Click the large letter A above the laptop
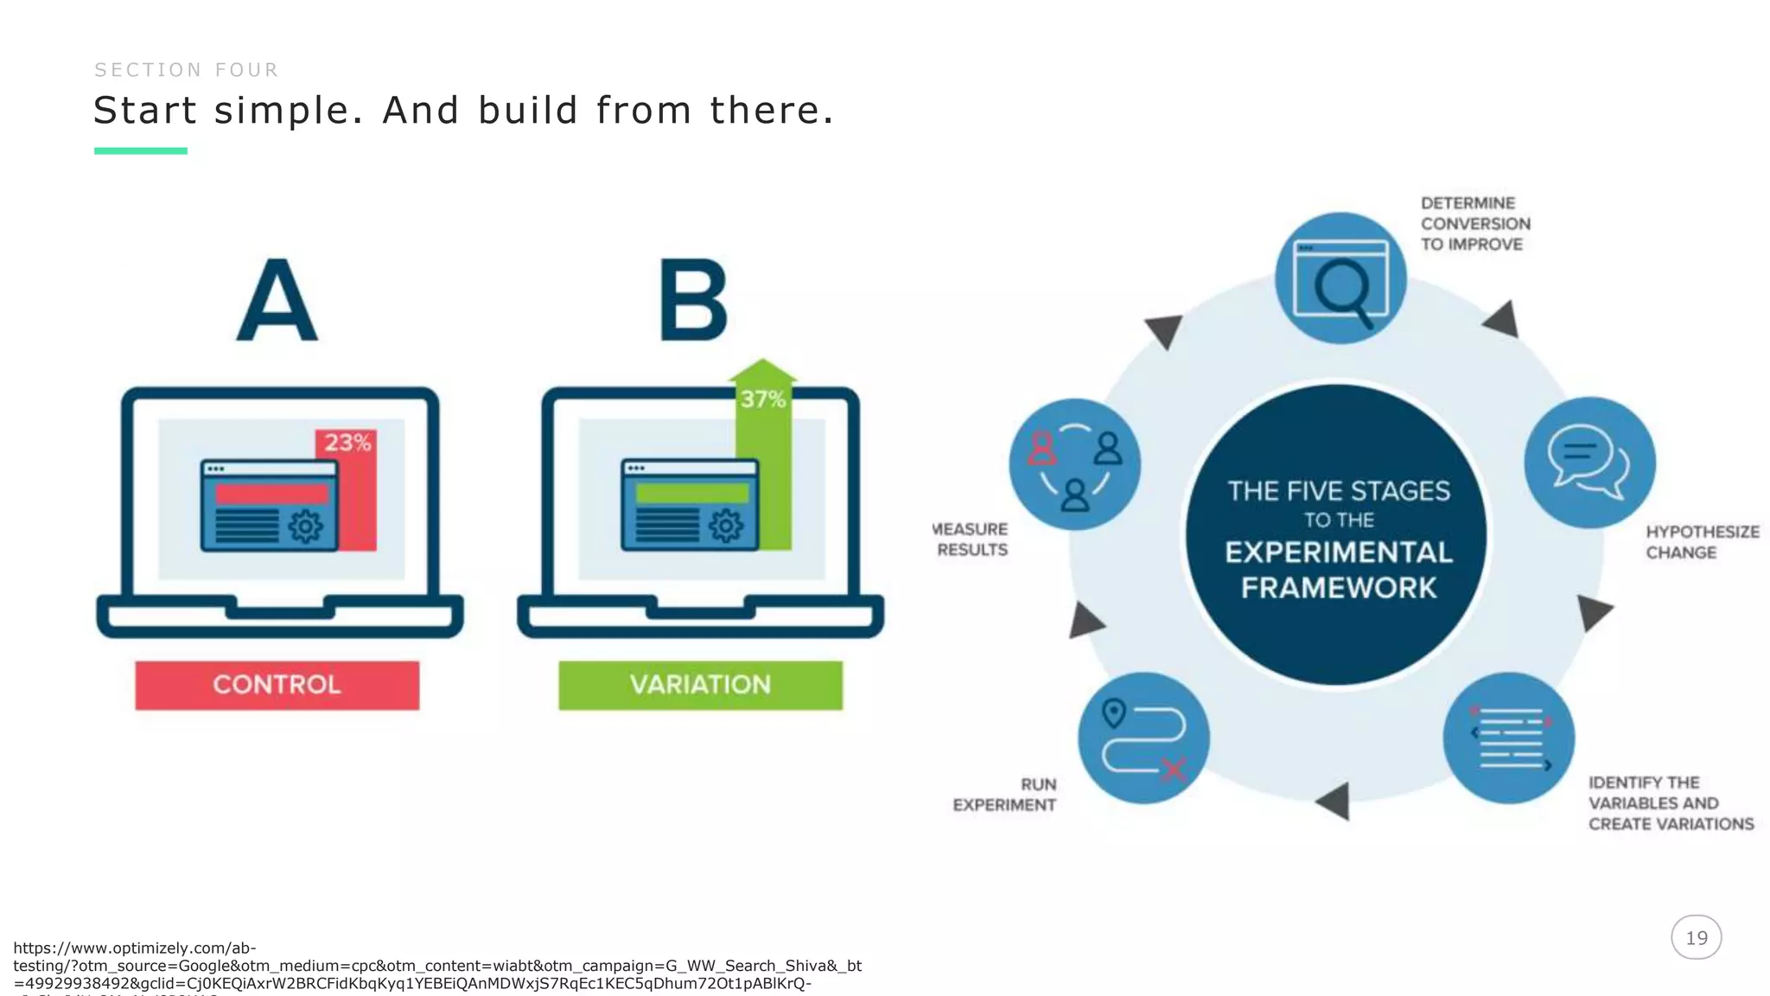tap(277, 301)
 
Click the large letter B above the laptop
tap(693, 301)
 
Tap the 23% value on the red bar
tap(347, 443)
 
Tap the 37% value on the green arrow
tap(762, 399)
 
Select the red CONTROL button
tap(277, 685)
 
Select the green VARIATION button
tap(700, 685)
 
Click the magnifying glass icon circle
tap(1340, 278)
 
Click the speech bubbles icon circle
tap(1589, 462)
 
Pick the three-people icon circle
tap(1074, 464)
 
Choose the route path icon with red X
tap(1143, 737)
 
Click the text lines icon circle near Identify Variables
tap(1509, 737)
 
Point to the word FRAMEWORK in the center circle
tap(1339, 588)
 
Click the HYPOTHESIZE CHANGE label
tap(1701, 542)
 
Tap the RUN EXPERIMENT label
tap(1005, 795)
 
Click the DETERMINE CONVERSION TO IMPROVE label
tap(1474, 224)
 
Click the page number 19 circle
tap(1696, 937)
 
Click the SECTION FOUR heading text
tap(187, 70)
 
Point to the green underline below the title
tap(141, 150)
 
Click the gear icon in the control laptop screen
tap(305, 526)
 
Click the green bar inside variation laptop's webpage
tap(691, 493)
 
